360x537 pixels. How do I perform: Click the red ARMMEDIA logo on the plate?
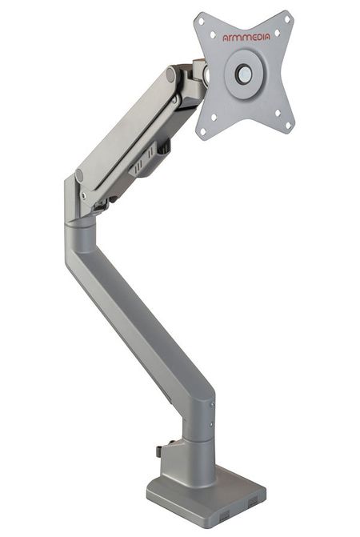[x=246, y=37]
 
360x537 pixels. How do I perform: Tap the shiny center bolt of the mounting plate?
[x=244, y=74]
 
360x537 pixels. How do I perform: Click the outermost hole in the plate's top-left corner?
[x=202, y=22]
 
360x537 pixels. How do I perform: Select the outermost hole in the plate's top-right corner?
[x=287, y=19]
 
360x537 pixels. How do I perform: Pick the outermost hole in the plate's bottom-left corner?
[x=202, y=131]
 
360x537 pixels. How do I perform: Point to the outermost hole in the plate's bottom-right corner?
[x=288, y=126]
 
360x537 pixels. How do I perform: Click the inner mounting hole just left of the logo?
[x=213, y=35]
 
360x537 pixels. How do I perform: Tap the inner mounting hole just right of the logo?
[x=277, y=33]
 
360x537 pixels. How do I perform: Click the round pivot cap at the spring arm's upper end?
[x=170, y=75]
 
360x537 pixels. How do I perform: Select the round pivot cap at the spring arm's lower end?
[x=79, y=176]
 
